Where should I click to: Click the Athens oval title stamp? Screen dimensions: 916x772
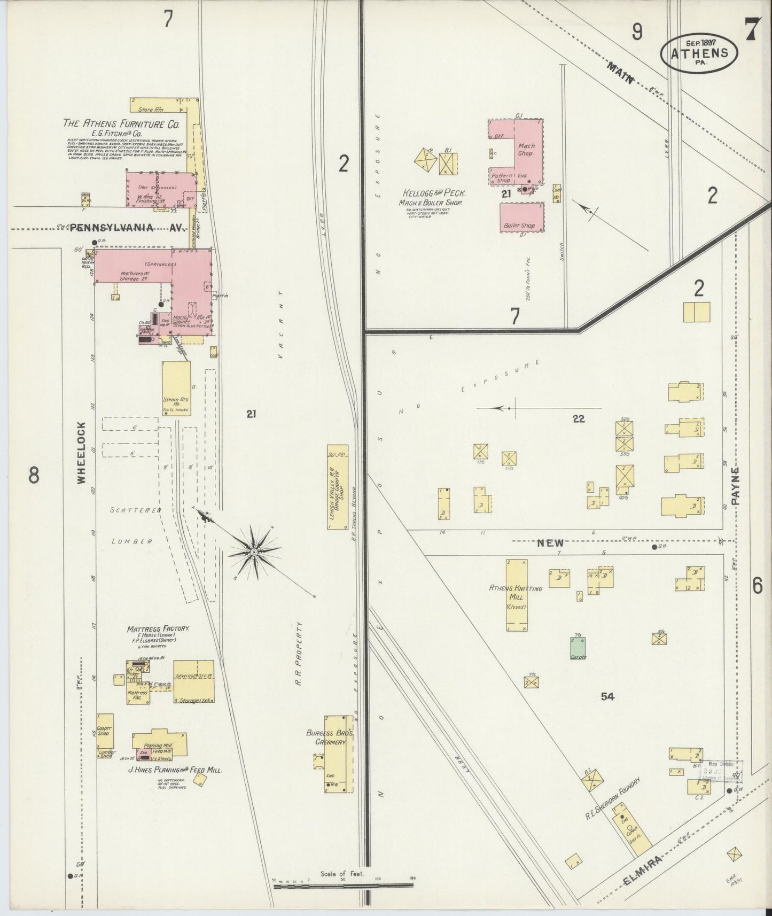tap(699, 52)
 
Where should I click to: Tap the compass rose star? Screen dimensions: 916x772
tap(255, 551)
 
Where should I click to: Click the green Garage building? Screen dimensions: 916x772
tap(578, 648)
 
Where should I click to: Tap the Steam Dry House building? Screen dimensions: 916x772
tap(176, 389)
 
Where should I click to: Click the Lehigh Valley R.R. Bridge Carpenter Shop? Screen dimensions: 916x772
tap(337, 487)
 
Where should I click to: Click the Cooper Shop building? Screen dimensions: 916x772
tap(105, 729)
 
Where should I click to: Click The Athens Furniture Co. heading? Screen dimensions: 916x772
tap(121, 123)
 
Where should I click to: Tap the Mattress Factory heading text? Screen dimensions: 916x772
tap(158, 628)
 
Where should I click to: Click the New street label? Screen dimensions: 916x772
tap(550, 542)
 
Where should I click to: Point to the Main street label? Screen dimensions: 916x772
tap(620, 73)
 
